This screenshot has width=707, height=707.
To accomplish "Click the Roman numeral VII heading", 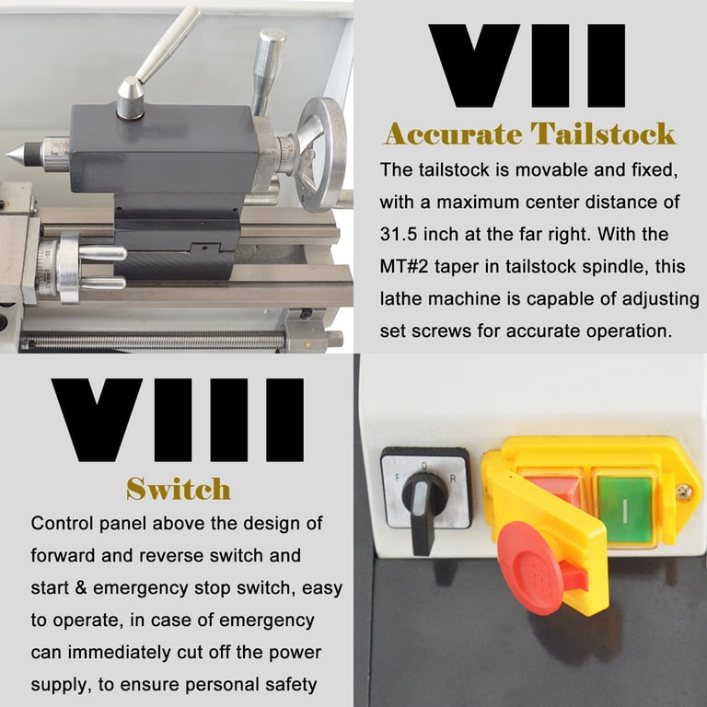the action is [527, 66].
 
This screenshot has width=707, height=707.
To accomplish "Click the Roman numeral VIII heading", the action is [178, 420].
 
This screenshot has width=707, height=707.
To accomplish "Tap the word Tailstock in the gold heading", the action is [602, 133].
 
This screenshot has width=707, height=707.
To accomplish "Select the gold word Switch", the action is [178, 489].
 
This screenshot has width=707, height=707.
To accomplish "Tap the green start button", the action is [624, 510].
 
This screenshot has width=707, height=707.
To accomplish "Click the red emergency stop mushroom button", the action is [531, 568].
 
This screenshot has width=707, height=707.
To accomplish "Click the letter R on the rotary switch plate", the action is [453, 480].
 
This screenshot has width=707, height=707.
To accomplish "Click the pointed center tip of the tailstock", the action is [6, 155].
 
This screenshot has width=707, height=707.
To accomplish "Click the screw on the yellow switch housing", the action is [685, 492].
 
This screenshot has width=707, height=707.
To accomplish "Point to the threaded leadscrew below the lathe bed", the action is [154, 340].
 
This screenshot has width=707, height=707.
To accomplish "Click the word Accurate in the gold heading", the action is [452, 133].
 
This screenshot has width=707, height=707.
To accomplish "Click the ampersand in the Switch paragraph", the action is [81, 588].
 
